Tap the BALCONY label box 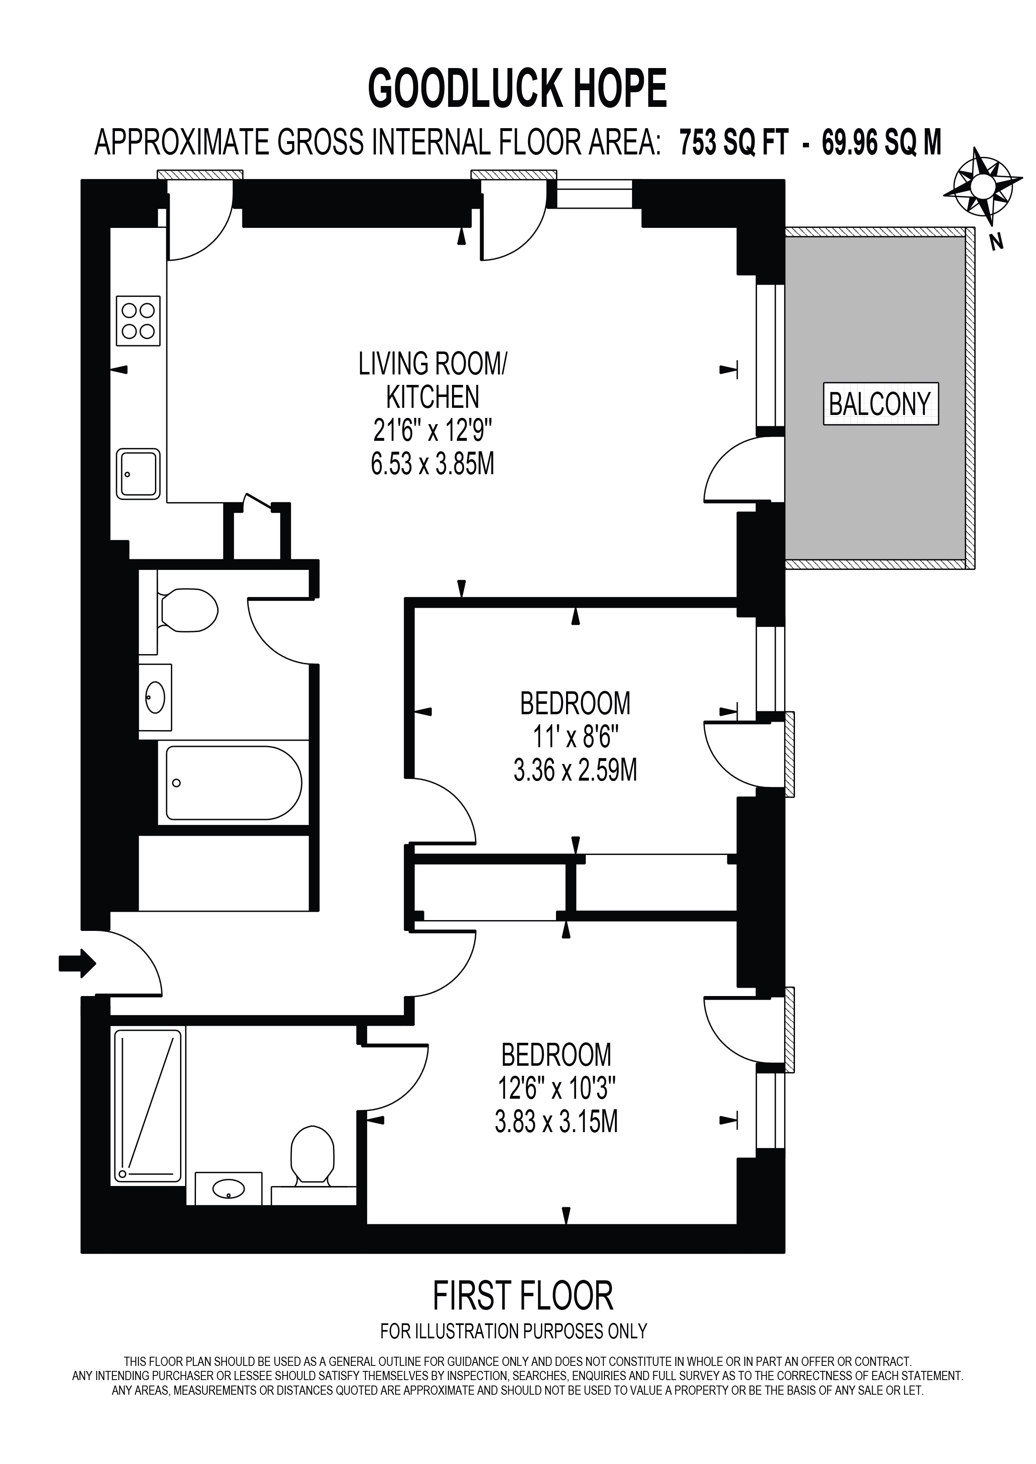pos(880,404)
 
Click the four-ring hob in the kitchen pos(138,321)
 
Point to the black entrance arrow pos(78,962)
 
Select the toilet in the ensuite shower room pos(312,1156)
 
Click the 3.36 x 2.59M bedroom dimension pos(575,771)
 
